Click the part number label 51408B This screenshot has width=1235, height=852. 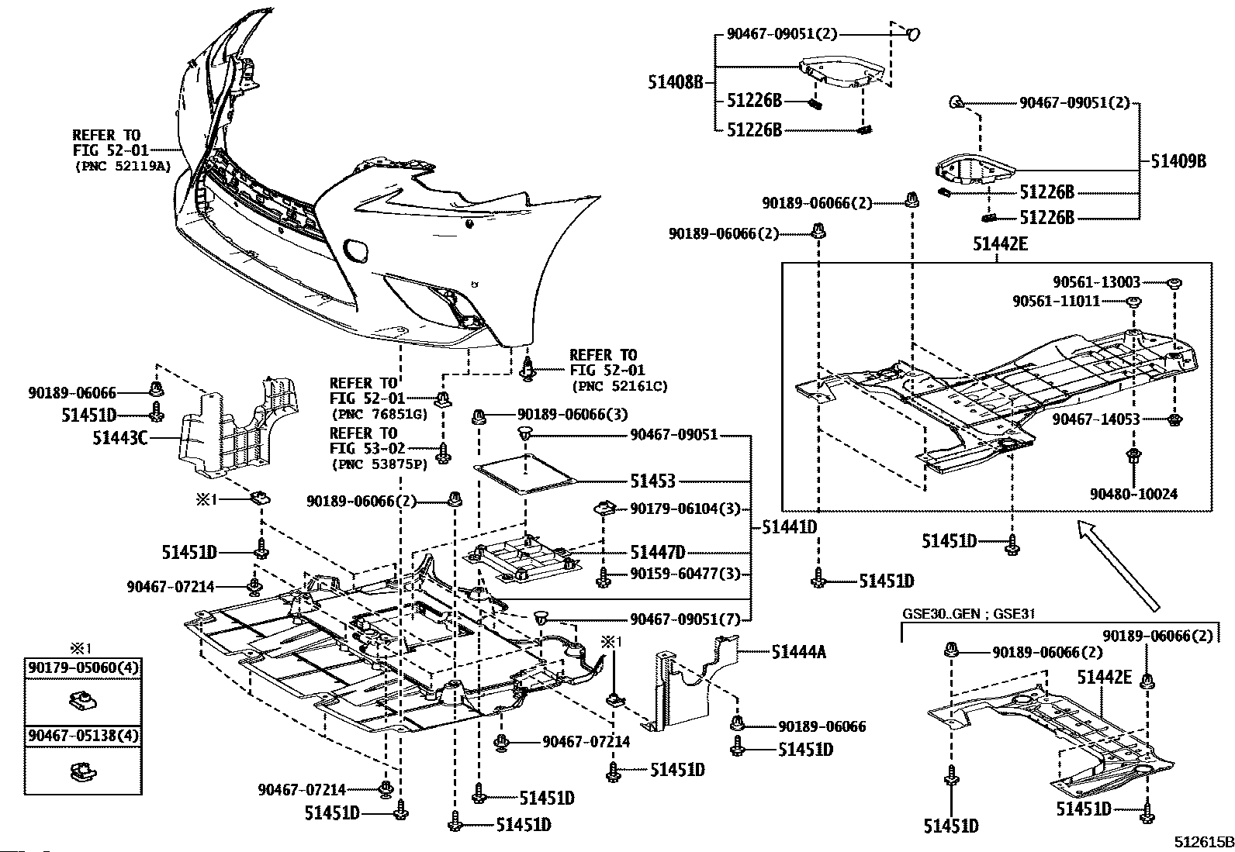click(x=676, y=83)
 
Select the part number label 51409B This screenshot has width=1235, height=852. click(x=1178, y=161)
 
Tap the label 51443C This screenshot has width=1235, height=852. click(x=120, y=438)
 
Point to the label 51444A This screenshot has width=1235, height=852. click(x=799, y=652)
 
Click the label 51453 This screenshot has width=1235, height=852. click(x=652, y=481)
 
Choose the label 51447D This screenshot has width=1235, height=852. click(x=658, y=552)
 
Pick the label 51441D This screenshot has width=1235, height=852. click(x=790, y=527)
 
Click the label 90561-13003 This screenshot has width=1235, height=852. click(x=1097, y=282)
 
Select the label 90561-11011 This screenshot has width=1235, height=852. click(x=1057, y=302)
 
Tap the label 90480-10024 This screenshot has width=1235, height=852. click(x=1133, y=494)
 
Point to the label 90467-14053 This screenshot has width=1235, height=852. click(x=1096, y=419)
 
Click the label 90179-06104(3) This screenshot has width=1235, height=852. click(x=685, y=509)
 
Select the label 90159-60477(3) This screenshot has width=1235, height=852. click(x=685, y=574)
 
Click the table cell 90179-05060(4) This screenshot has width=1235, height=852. click(x=83, y=668)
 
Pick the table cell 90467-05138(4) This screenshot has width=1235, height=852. click(x=83, y=736)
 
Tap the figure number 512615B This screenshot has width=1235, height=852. click(x=1203, y=842)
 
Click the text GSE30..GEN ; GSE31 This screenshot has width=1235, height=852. click(x=968, y=613)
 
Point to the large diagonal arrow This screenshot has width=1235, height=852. click(x=1118, y=565)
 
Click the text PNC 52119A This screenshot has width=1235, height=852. click(x=123, y=166)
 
